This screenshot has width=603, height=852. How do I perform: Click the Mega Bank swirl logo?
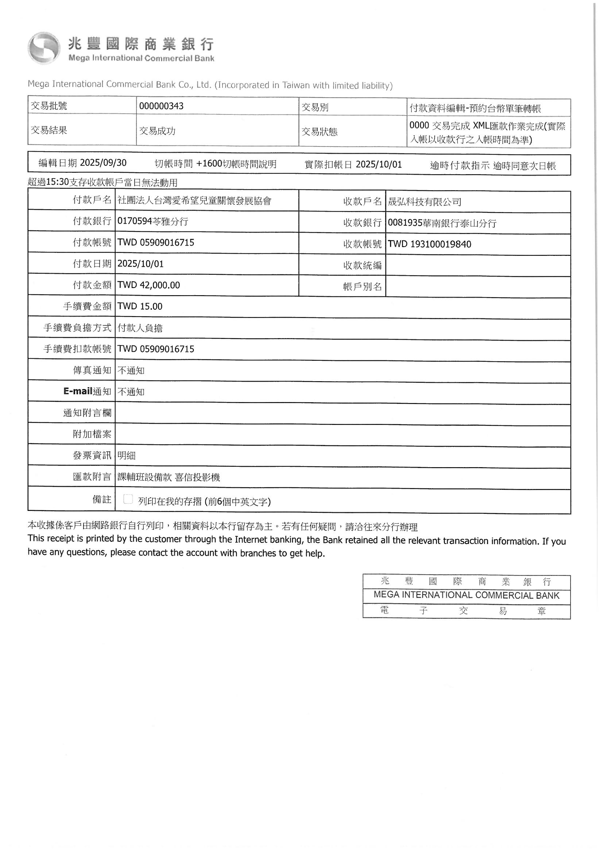pyautogui.click(x=43, y=48)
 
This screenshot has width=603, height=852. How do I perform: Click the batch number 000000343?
pyautogui.click(x=161, y=106)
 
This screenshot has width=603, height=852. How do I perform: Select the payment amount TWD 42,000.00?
pyautogui.click(x=148, y=285)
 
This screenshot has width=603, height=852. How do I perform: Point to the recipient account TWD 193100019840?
pyautogui.click(x=429, y=244)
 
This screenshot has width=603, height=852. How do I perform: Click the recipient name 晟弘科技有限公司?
pyautogui.click(x=424, y=202)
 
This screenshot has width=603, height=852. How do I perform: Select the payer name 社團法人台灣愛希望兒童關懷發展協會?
pyautogui.click(x=194, y=201)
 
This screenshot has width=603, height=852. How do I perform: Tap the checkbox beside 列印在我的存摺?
pyautogui.click(x=128, y=499)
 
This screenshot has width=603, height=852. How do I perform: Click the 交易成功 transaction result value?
pyautogui.click(x=157, y=131)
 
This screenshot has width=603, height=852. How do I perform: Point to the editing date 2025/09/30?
pyautogui.click(x=103, y=163)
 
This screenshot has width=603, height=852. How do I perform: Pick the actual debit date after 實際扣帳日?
pyautogui.click(x=379, y=164)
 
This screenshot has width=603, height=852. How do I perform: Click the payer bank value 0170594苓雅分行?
pyautogui.click(x=153, y=222)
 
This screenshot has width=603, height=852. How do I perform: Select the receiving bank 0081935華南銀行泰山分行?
pyautogui.click(x=442, y=223)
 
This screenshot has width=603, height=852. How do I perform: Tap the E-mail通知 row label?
pyautogui.click(x=87, y=391)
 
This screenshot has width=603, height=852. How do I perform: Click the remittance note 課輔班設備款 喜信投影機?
pyautogui.click(x=169, y=477)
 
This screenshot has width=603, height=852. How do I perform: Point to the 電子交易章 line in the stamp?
pyautogui.click(x=466, y=611)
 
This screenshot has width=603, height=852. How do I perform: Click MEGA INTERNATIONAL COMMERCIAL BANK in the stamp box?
pyautogui.click(x=466, y=595)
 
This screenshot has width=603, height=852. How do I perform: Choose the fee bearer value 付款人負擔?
pyautogui.click(x=140, y=328)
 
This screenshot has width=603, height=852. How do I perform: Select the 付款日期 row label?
pyautogui.click(x=92, y=264)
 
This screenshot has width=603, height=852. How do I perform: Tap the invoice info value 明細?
pyautogui.click(x=126, y=456)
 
